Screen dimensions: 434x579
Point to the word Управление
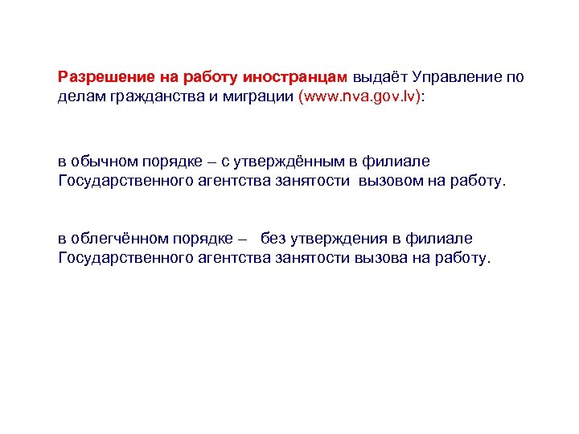[x=458, y=78]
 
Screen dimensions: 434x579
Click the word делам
[x=79, y=96]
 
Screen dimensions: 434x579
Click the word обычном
[x=102, y=162]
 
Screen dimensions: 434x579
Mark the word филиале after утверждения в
[x=441, y=239]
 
